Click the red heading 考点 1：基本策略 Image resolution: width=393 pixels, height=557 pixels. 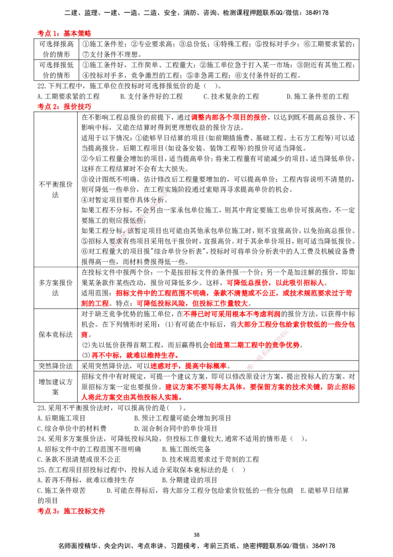(x=64, y=33)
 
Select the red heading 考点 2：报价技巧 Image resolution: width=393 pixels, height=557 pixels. (x=64, y=107)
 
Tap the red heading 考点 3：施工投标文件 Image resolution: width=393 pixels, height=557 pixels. (x=71, y=511)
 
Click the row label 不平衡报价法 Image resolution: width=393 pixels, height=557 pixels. (x=56, y=189)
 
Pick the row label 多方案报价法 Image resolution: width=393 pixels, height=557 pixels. (x=56, y=288)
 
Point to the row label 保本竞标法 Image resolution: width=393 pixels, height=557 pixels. (x=56, y=335)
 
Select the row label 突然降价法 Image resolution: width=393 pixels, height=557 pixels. (x=56, y=366)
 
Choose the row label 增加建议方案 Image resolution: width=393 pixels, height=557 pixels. (x=56, y=387)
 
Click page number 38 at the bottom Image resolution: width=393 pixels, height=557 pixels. (x=196, y=535)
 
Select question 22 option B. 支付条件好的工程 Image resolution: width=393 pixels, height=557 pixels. (x=151, y=96)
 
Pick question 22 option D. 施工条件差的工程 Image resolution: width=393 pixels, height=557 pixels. (x=318, y=96)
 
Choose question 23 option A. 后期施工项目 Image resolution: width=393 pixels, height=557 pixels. (x=61, y=418)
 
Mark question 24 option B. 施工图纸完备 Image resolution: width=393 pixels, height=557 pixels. (x=186, y=449)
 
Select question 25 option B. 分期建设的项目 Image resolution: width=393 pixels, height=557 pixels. (x=190, y=480)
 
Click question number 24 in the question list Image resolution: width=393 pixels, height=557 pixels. (x=41, y=439)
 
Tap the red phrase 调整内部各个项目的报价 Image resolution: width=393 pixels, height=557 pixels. (x=229, y=117)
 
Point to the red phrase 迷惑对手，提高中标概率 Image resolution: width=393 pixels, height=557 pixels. (x=188, y=366)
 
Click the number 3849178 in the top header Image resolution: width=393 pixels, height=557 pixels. (x=315, y=13)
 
